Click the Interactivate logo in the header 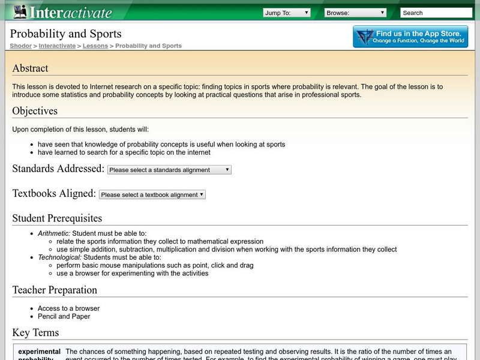click(x=62, y=12)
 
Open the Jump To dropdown click(x=286, y=13)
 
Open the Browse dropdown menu click(x=356, y=13)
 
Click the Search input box click(x=436, y=13)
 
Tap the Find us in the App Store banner click(x=410, y=37)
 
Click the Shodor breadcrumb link click(x=20, y=46)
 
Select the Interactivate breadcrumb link click(x=57, y=46)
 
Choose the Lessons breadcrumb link click(x=95, y=46)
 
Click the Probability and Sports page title click(x=65, y=34)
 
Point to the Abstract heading click(x=30, y=68)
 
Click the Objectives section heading click(x=35, y=111)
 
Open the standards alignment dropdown click(x=169, y=170)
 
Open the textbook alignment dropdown click(x=152, y=194)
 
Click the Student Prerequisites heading click(x=57, y=218)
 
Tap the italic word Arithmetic click(x=54, y=233)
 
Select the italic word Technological click(x=58, y=257)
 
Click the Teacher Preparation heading click(x=55, y=290)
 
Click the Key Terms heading click(x=35, y=332)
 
